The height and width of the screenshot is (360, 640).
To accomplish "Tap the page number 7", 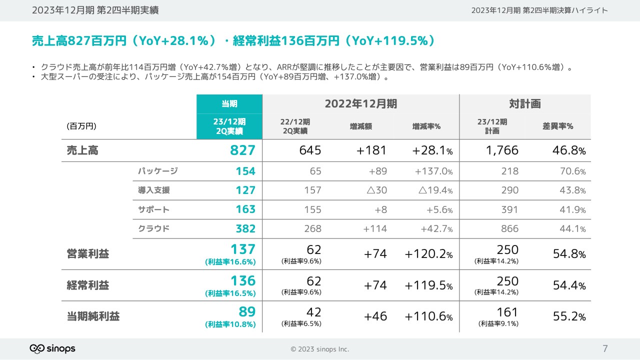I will [605, 348].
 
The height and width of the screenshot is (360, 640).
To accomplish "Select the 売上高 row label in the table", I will [82, 150].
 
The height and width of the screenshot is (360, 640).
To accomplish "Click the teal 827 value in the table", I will [243, 150].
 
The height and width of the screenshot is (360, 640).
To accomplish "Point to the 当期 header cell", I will [229, 103].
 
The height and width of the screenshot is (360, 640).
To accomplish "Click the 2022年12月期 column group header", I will [360, 103].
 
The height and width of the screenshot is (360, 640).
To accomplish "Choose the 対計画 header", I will [525, 103].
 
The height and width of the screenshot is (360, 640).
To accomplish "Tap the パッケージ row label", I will [158, 171].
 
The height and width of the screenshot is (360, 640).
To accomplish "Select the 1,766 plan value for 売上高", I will [502, 150].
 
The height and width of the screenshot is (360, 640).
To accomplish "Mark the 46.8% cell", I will [569, 150].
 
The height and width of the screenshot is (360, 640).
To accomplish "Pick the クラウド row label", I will [154, 229].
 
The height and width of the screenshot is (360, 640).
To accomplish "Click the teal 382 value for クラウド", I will [245, 229].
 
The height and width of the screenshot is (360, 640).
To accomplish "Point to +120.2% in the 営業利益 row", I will [428, 254].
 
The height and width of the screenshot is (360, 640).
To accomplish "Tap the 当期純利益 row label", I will [93, 316].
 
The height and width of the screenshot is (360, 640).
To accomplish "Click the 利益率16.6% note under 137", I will [230, 261].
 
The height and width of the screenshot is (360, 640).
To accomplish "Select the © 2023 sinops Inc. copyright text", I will [320, 349].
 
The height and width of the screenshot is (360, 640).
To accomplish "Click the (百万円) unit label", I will [81, 126].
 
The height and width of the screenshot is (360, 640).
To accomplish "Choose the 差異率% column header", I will [557, 126].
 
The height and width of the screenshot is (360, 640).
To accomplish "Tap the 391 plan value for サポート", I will [510, 209].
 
